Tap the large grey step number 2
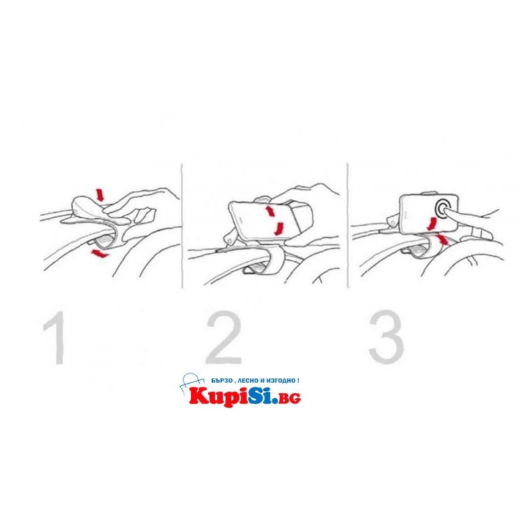[224, 337]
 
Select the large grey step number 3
[386, 337]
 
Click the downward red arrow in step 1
[99, 195]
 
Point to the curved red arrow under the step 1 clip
[100, 253]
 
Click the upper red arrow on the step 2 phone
[271, 210]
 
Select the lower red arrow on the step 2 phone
[279, 228]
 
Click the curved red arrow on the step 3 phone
[432, 224]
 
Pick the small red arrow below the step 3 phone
[442, 239]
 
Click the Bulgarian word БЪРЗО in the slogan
[221, 380]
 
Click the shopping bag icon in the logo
[189, 384]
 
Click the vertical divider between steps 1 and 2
[182, 225]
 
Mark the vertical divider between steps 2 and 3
[347, 225]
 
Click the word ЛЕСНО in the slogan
[248, 380]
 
